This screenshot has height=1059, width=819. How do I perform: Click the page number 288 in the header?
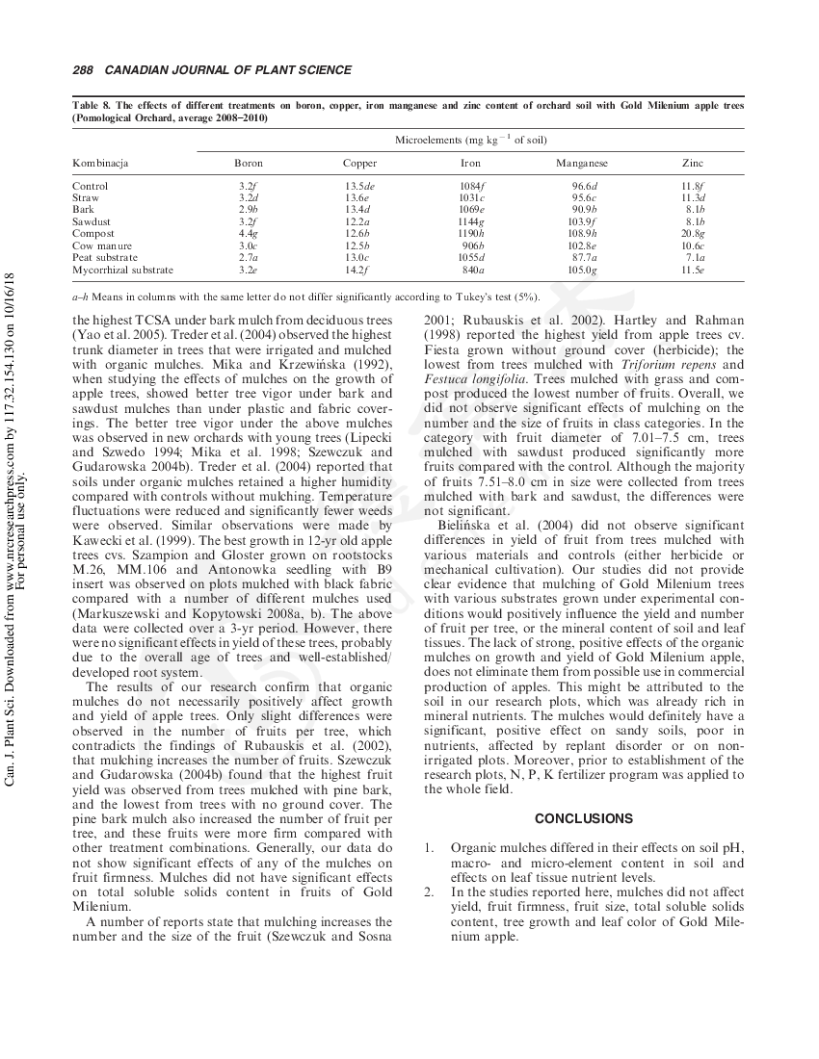(x=82, y=70)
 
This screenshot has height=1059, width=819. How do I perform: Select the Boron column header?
(x=249, y=164)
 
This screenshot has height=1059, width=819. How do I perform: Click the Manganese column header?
(x=582, y=164)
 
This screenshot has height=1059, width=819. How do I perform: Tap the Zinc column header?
(x=693, y=164)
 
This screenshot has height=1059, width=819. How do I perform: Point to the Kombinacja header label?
(x=100, y=164)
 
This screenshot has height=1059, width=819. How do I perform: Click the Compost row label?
(x=93, y=234)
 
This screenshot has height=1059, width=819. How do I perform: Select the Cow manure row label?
(x=100, y=245)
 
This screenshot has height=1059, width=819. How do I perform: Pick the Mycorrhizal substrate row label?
(x=122, y=271)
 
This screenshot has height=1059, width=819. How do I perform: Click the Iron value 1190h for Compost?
(x=471, y=234)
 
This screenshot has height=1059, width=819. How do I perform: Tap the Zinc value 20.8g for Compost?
(x=693, y=234)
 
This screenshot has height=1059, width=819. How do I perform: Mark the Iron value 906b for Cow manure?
(x=472, y=245)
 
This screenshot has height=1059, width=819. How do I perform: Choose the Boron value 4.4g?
(x=248, y=234)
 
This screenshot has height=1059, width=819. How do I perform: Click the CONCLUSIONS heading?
(x=584, y=818)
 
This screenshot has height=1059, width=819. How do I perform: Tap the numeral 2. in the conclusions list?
(x=430, y=892)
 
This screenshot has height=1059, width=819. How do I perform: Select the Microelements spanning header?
(x=471, y=141)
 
